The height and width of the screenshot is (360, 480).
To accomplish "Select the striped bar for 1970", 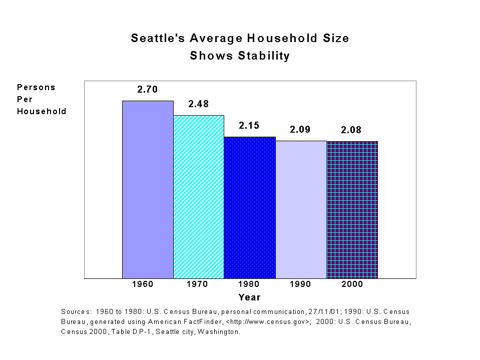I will (199, 196).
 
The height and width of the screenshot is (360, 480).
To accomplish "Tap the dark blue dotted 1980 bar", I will (250, 207).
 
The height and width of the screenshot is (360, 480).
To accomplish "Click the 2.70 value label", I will (148, 90).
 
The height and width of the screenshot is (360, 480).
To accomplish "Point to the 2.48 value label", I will (198, 104).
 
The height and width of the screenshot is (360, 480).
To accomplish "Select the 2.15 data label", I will (249, 126).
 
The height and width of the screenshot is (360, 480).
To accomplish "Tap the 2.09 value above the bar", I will (300, 129).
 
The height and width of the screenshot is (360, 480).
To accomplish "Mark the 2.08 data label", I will (351, 130).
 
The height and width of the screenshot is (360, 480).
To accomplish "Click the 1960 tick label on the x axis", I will (143, 284).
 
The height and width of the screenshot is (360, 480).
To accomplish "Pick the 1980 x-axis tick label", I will (249, 284).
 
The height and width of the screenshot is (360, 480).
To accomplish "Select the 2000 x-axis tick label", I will (352, 284).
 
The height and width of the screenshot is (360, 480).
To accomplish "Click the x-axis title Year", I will (249, 297).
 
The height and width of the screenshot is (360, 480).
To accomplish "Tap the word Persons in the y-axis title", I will (36, 87).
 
